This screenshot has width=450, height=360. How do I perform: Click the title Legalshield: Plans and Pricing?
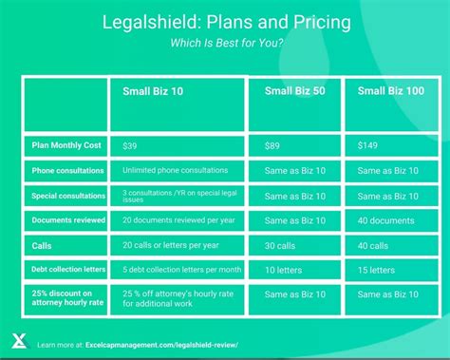(x=224, y=21)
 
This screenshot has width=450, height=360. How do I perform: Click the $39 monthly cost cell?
(x=130, y=145)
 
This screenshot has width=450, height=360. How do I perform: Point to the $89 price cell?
(x=272, y=145)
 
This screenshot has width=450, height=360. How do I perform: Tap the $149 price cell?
(x=368, y=145)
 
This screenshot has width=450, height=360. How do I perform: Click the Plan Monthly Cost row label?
(x=66, y=145)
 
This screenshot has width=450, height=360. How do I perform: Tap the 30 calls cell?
(x=282, y=244)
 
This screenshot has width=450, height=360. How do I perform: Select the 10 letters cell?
(x=284, y=269)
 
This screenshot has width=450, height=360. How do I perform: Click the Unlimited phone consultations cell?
(x=175, y=171)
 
